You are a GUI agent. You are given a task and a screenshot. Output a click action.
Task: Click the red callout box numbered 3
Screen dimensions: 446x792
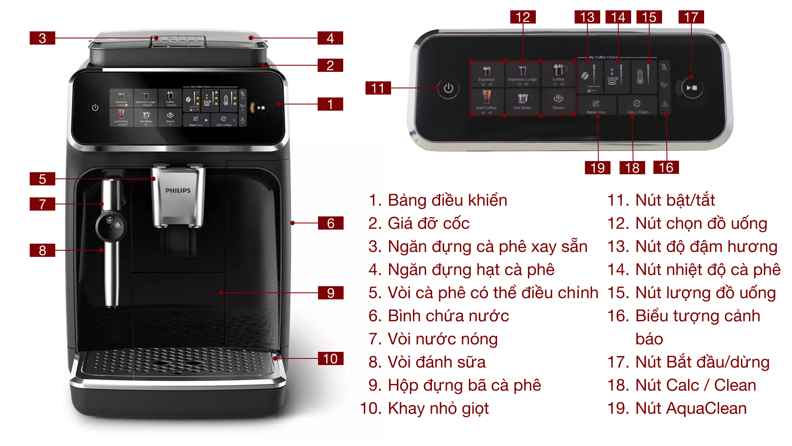point(42,38)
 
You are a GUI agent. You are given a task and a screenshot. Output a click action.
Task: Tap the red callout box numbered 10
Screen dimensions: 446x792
point(330,358)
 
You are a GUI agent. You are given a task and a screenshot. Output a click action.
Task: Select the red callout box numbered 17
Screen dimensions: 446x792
point(691,17)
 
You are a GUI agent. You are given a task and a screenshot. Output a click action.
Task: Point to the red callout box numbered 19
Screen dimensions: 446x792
point(597,168)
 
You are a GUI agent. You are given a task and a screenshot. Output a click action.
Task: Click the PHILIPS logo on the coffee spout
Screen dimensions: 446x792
point(178,190)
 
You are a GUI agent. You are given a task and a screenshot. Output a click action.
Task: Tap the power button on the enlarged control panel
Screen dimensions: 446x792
point(448,88)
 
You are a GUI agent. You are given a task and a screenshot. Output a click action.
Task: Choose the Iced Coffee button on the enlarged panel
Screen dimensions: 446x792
point(486,102)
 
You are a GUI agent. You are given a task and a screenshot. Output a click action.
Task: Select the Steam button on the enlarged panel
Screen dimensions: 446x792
point(558,101)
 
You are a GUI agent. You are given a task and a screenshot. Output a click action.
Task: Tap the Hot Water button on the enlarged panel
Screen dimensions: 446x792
point(522,101)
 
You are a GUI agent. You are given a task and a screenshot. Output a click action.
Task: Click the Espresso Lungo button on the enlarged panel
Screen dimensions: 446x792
point(522,74)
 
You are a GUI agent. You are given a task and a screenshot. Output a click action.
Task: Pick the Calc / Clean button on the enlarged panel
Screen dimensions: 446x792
point(637,106)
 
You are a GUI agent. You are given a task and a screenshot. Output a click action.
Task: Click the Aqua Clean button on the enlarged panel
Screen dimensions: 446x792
point(596,106)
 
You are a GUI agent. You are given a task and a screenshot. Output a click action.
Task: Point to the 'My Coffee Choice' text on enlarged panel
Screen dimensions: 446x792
point(603,57)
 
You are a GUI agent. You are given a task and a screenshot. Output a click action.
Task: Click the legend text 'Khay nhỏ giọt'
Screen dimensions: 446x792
point(438,408)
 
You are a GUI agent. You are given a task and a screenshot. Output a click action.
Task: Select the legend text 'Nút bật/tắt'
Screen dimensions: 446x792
point(675,200)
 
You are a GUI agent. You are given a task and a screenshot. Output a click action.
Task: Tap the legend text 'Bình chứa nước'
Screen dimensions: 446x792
point(448,316)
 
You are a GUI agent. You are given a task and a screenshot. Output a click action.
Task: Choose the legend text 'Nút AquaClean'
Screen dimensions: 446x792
point(691,408)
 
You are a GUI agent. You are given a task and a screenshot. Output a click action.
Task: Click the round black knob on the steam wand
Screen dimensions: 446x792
point(111,226)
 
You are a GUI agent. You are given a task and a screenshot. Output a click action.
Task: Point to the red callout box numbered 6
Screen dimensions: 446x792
point(330,223)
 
